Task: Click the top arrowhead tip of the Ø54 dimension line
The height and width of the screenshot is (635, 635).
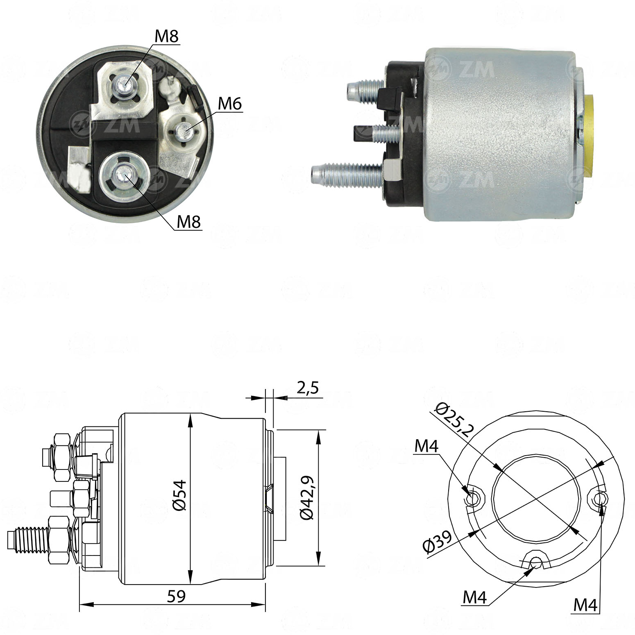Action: [x=190, y=414]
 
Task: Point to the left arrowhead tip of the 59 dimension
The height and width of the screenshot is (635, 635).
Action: [x=79, y=604]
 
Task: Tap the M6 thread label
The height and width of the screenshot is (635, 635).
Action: [x=230, y=104]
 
